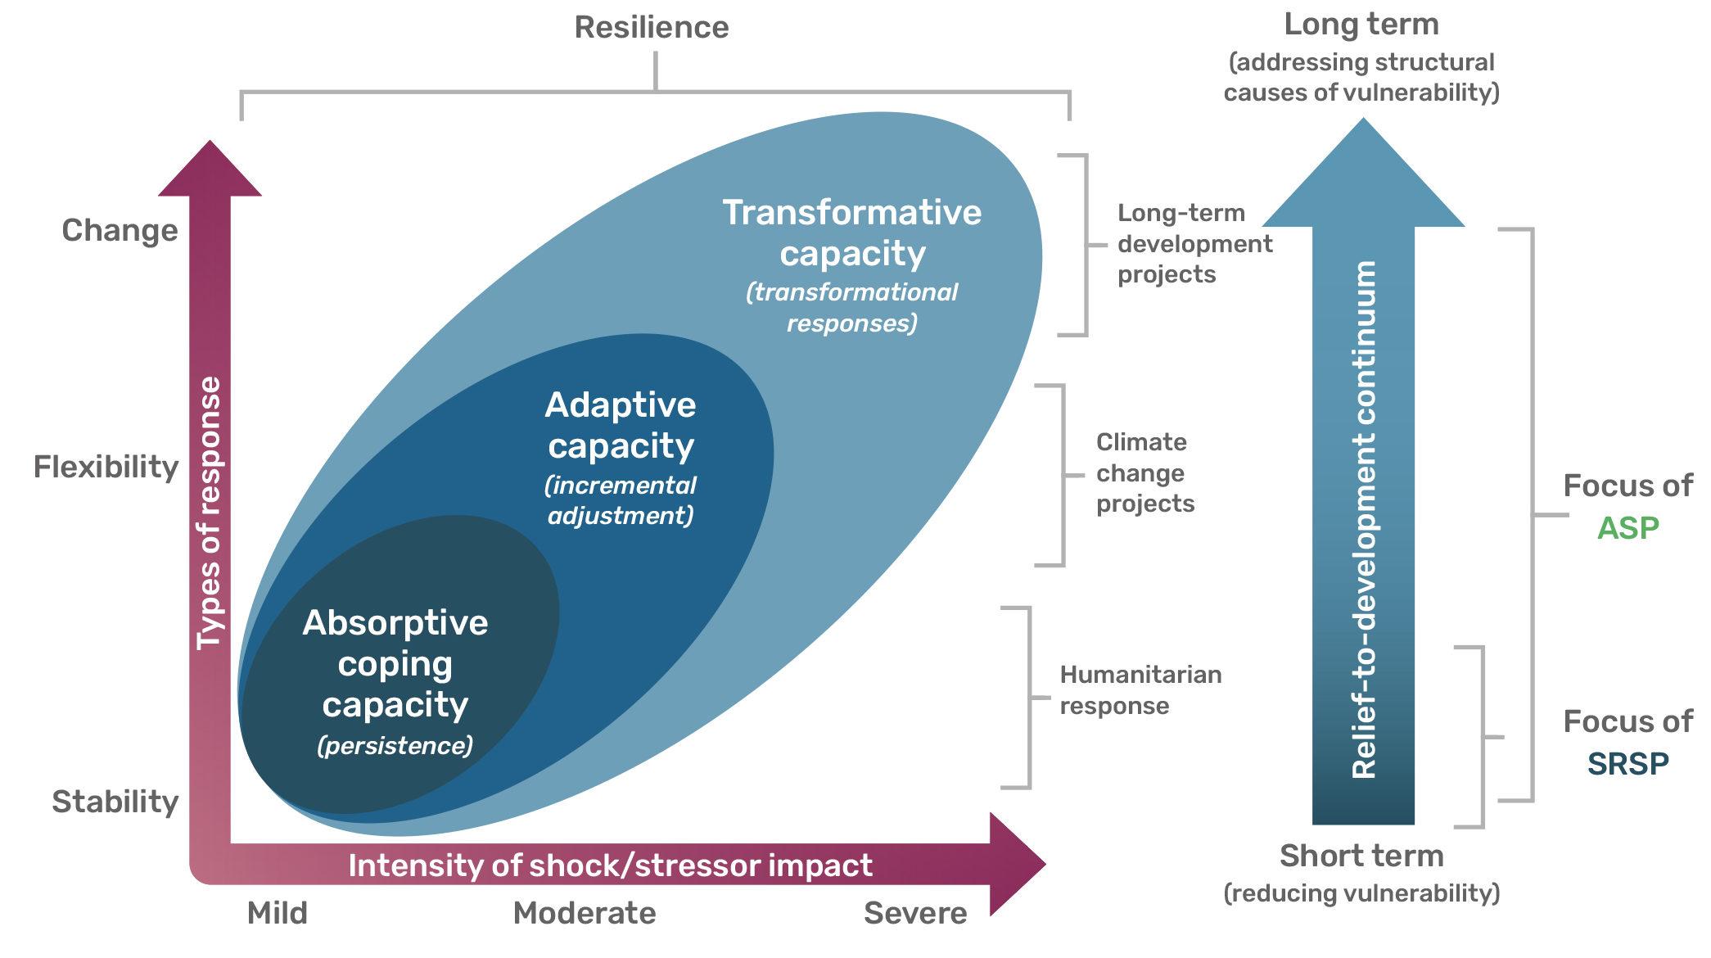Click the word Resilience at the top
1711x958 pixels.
click(x=652, y=27)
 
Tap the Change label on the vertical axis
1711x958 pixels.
click(x=120, y=231)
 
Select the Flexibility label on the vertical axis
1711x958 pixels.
click(x=106, y=467)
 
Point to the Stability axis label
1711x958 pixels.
click(x=115, y=802)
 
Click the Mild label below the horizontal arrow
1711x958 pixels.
click(x=278, y=913)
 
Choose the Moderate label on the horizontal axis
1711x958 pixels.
click(x=585, y=913)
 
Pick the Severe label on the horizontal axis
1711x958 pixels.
click(x=915, y=913)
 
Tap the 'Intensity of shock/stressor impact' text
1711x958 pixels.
click(x=611, y=865)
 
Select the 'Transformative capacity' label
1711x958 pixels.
click(x=852, y=233)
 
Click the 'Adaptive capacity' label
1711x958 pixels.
click(x=621, y=426)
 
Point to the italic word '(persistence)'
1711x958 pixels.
click(x=395, y=747)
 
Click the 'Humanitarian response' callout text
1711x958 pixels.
click(x=1140, y=690)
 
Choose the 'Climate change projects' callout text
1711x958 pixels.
click(x=1145, y=473)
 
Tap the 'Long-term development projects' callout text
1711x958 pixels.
click(x=1195, y=244)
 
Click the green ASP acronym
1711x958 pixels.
click(x=1627, y=528)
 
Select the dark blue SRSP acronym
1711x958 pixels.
click(x=1627, y=764)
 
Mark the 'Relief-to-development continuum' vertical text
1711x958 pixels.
click(x=1364, y=519)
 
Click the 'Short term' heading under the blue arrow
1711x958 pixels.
click(x=1361, y=856)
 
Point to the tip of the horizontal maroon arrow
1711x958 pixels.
click(x=1045, y=864)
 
